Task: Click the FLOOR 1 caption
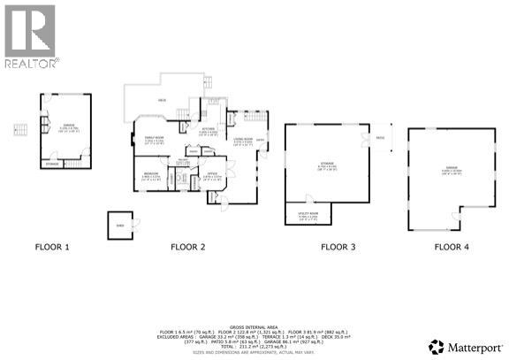click(x=52, y=247)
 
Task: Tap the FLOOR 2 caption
click(x=187, y=247)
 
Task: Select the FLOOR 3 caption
click(x=338, y=247)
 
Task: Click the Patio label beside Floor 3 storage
click(x=379, y=138)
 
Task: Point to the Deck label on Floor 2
click(x=162, y=101)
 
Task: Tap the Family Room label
click(x=156, y=138)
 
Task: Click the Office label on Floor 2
click(x=212, y=174)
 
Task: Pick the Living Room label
click(x=243, y=138)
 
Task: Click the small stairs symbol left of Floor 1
click(x=16, y=132)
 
